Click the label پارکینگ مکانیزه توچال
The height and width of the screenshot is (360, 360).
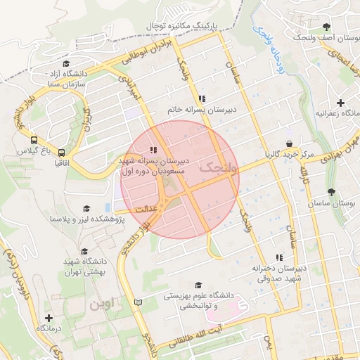tap(188, 25)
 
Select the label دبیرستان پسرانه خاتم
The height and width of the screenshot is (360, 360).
tap(201, 110)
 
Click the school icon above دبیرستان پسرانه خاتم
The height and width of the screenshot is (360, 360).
tap(202, 98)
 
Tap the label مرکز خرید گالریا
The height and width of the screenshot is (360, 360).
tap(289, 153)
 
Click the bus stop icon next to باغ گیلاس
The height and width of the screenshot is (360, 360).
tap(34, 140)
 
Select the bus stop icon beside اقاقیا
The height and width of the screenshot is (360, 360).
tap(61, 152)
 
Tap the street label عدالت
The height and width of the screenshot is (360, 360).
tap(139, 209)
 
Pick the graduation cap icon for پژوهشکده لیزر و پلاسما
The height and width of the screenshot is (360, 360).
tap(86, 208)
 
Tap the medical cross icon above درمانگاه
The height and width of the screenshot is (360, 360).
tap(49, 318)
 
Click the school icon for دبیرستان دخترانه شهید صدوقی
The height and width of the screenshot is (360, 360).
tap(279, 257)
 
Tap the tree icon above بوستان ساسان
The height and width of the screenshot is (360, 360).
tap(331, 191)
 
